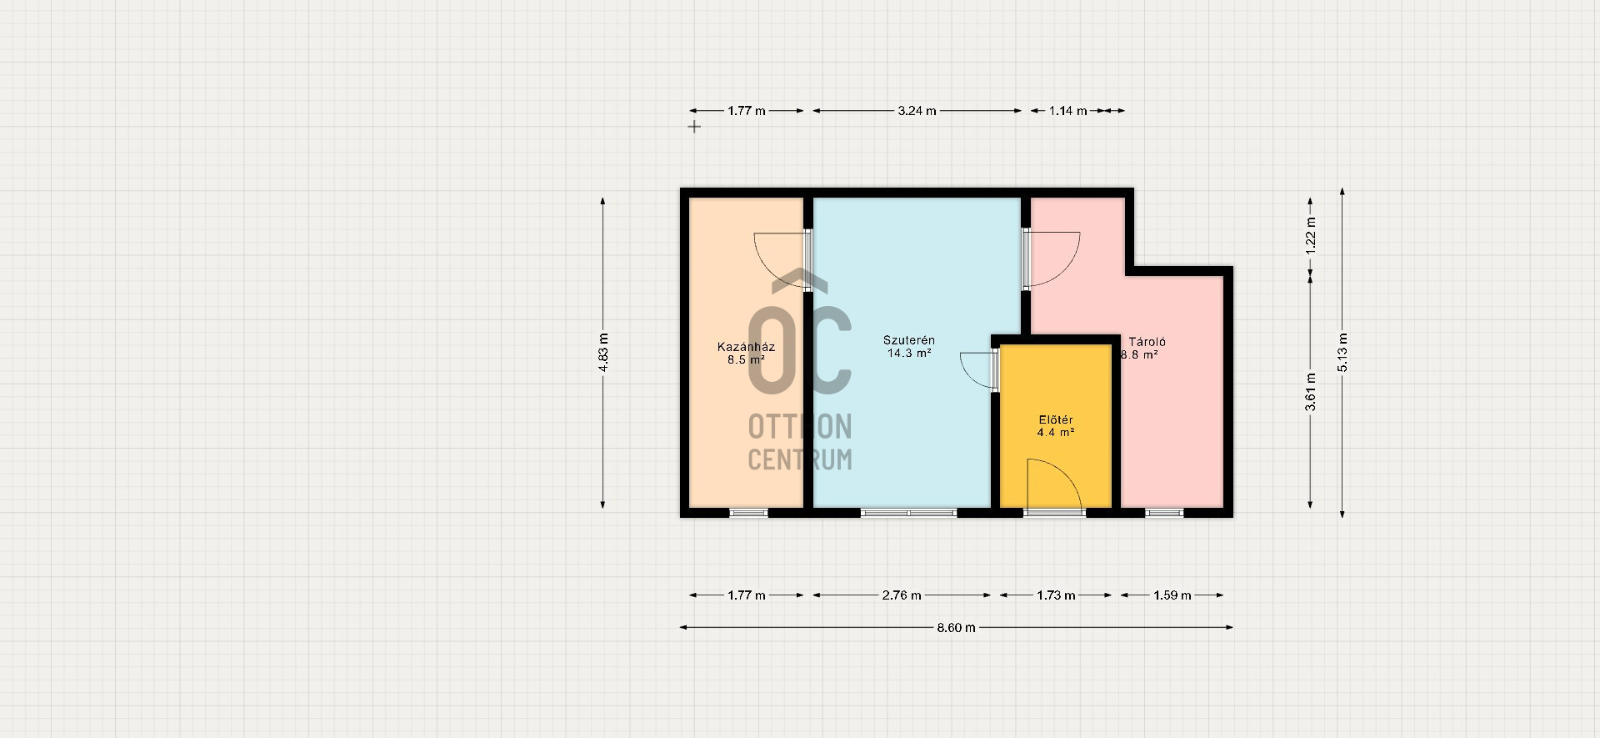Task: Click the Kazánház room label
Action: click(x=746, y=347)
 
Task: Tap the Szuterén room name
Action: click(x=909, y=340)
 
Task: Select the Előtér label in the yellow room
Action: click(x=1056, y=419)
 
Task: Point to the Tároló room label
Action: click(x=1147, y=342)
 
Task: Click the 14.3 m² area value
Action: click(x=909, y=353)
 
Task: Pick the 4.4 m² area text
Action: click(x=1056, y=433)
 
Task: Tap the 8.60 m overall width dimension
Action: click(x=956, y=627)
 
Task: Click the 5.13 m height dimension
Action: click(x=1342, y=354)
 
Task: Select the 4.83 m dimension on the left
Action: click(x=603, y=354)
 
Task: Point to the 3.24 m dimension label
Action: click(x=917, y=111)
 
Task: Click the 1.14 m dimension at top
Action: click(x=1067, y=111)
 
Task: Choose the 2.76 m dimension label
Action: click(x=902, y=595)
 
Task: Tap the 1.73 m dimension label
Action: click(x=1056, y=595)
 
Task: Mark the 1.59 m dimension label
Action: click(x=1172, y=595)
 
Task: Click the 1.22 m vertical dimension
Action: click(x=1311, y=235)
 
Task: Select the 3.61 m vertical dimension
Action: click(x=1311, y=390)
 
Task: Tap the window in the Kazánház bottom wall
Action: click(x=748, y=513)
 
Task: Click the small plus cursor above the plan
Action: click(x=693, y=127)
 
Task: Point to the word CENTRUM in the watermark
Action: click(x=800, y=459)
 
